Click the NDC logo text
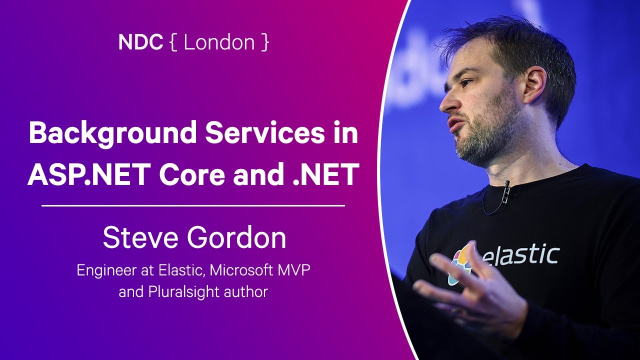click(x=140, y=42)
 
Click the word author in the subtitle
click(x=243, y=291)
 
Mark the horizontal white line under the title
click(x=193, y=205)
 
